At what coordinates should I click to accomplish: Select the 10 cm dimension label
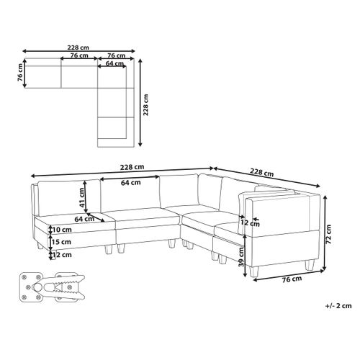click(x=62, y=230)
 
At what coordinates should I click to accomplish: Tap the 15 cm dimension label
click(x=62, y=242)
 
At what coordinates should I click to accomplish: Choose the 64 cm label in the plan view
click(x=113, y=63)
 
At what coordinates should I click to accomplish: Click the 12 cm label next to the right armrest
click(x=250, y=222)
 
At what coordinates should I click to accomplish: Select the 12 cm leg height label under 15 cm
click(x=62, y=254)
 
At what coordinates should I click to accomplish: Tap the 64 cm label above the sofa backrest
click(x=130, y=183)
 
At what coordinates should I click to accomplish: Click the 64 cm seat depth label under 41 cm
click(x=84, y=219)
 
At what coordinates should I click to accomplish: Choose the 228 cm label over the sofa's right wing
click(x=261, y=173)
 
